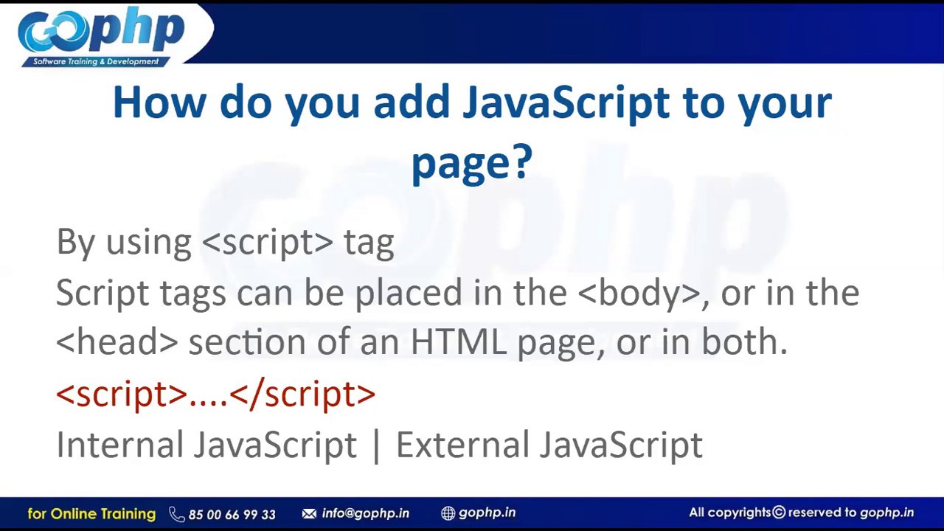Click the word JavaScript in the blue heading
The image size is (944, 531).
click(566, 103)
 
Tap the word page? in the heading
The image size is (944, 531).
click(471, 162)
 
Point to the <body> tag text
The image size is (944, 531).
click(639, 293)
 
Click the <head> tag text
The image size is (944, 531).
click(117, 342)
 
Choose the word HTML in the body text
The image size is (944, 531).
click(458, 342)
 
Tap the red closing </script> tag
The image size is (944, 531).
click(302, 394)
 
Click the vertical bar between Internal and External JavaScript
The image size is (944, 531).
click(377, 445)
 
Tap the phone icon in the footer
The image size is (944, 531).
click(176, 514)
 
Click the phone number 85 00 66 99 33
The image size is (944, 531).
click(232, 514)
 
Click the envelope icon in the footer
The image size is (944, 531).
click(309, 513)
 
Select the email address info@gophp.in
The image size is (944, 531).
click(365, 513)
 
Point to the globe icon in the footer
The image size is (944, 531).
click(448, 513)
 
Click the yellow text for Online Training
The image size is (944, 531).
click(91, 513)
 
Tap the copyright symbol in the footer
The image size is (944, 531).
click(779, 513)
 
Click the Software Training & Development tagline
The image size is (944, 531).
click(96, 61)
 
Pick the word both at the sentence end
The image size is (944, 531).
click(742, 342)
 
